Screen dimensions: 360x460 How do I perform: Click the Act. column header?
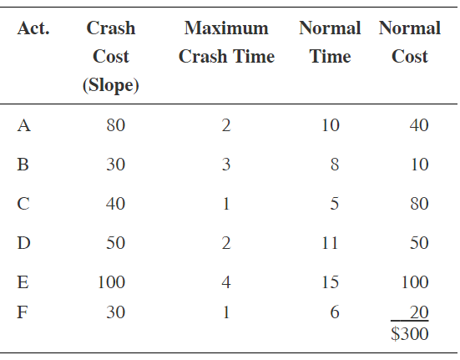33,28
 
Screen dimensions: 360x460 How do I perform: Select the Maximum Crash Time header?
226,43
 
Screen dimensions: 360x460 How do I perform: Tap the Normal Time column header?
330,43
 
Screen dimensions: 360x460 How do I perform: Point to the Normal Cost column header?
409,43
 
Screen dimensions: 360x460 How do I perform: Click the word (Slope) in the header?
111,85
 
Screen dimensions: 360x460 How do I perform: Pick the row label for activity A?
24,126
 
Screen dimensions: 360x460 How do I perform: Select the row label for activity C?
24,205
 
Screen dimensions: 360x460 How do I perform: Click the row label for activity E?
24,282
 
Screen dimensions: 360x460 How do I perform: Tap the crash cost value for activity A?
116,126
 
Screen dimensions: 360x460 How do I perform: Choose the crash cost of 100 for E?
112,282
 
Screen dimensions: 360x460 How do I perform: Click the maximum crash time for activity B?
226,165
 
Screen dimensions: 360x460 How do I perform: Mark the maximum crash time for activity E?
226,282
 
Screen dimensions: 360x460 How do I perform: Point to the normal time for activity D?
330,243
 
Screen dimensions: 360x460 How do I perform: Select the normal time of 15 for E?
330,282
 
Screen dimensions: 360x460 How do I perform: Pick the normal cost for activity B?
419,165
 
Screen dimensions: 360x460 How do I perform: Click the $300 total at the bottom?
409,334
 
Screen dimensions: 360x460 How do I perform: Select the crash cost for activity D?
116,243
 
